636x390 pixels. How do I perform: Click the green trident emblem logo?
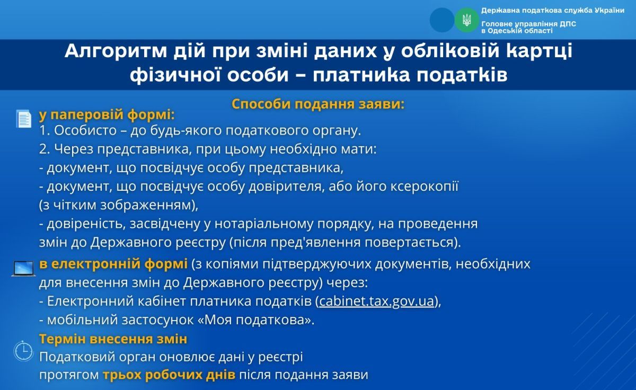[466, 20]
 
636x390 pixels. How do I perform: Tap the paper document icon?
[24, 119]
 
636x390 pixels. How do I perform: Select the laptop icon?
[23, 269]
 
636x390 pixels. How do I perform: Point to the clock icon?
[23, 351]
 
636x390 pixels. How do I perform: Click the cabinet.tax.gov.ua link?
[376, 301]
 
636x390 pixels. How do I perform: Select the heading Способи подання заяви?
[318, 104]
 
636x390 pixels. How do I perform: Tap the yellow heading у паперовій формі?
[107, 115]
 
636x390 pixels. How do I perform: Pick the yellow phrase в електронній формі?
[113, 264]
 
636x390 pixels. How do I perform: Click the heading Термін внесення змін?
[113, 339]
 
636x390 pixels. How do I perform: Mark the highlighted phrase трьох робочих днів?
[169, 375]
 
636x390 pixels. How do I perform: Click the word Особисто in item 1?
[85, 130]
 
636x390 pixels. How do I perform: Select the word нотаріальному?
[263, 224]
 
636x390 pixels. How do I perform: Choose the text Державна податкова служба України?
[552, 11]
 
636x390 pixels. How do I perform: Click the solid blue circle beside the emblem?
[442, 20]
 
